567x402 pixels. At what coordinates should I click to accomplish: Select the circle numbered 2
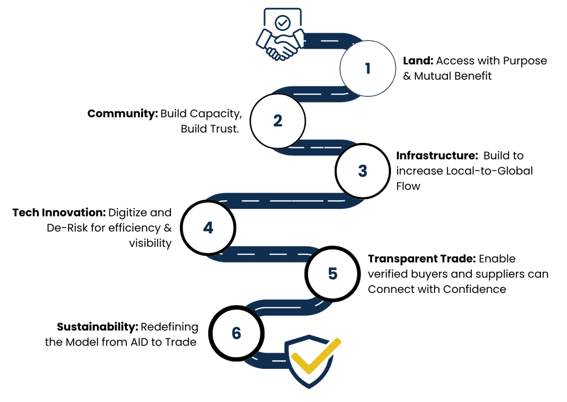[x=277, y=121]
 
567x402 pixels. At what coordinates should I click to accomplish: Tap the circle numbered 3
[x=362, y=171]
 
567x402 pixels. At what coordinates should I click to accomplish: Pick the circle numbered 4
[x=208, y=228]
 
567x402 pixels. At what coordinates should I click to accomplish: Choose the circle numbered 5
[x=332, y=274]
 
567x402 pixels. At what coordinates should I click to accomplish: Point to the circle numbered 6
[x=236, y=333]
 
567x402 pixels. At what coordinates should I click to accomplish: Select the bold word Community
[x=122, y=114]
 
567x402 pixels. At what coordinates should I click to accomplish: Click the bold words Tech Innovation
[x=58, y=213]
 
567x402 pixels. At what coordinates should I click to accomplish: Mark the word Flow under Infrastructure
[x=408, y=186]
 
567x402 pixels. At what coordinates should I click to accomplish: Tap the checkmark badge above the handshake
[x=283, y=23]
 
